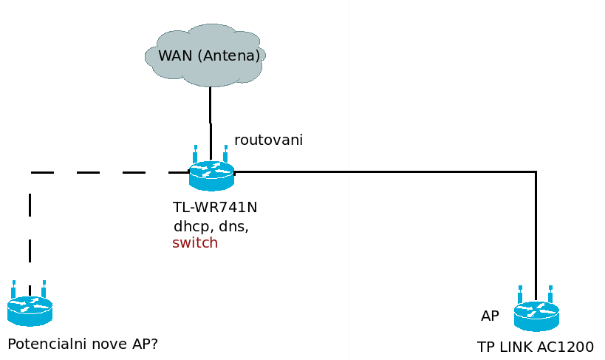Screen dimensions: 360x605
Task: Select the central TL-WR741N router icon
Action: pyautogui.click(x=211, y=176)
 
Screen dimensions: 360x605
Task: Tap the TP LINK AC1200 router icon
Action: pyautogui.click(x=536, y=316)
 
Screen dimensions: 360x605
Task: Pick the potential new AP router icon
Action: pyautogui.click(x=30, y=310)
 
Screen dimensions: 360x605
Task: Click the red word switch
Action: pyautogui.click(x=195, y=243)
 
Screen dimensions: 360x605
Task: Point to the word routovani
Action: pyautogui.click(x=268, y=140)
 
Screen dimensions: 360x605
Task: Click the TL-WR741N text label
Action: pyautogui.click(x=215, y=208)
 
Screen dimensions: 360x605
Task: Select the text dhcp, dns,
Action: pyautogui.click(x=211, y=227)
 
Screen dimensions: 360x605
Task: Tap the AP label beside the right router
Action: pyautogui.click(x=490, y=316)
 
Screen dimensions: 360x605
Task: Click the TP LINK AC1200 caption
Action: pyautogui.click(x=535, y=347)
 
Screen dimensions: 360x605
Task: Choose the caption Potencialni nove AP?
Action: pyautogui.click(x=83, y=344)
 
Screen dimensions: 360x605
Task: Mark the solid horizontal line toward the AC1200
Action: pyautogui.click(x=384, y=171)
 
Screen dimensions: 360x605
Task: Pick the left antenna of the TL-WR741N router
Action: pyautogui.click(x=196, y=154)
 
